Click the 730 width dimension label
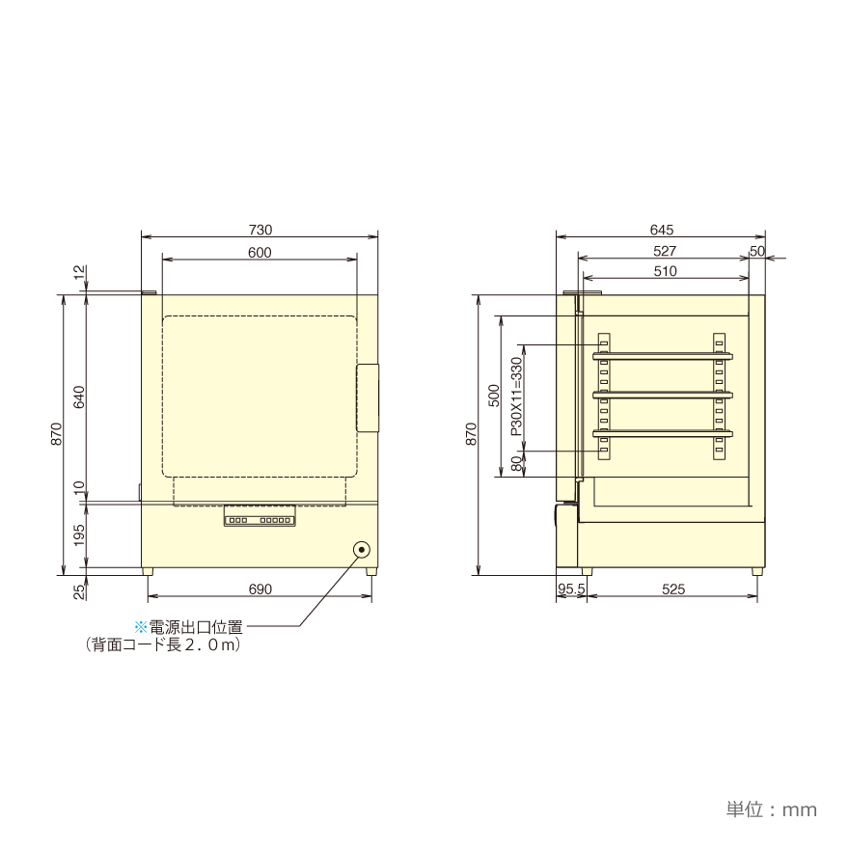click(260, 230)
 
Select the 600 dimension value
click(260, 253)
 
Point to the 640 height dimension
click(79, 397)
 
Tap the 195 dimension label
click(79, 534)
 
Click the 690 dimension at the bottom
click(260, 589)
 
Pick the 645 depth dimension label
click(661, 230)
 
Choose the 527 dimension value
click(665, 251)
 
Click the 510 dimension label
click(665, 271)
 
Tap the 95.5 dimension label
click(571, 589)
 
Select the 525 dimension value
click(673, 589)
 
